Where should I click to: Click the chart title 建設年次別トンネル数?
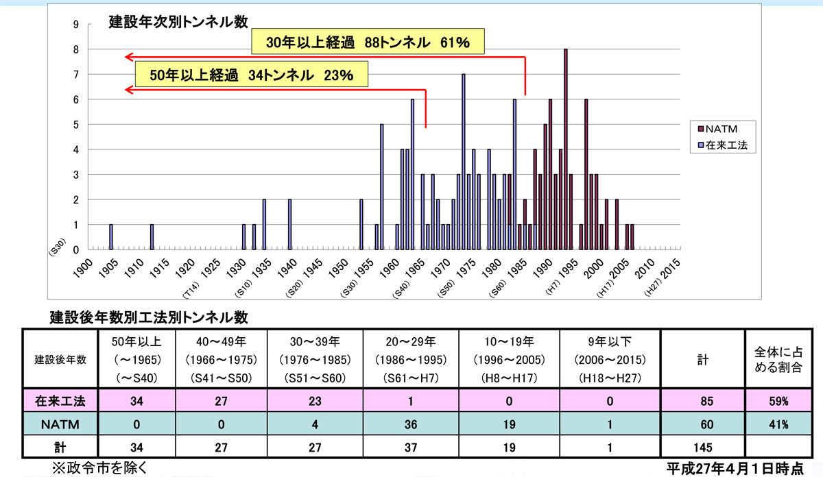178,21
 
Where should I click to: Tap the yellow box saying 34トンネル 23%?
251,75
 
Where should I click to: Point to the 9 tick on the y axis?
76,25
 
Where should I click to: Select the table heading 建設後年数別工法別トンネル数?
148,317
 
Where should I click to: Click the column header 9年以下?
609,340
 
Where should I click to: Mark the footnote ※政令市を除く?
100,468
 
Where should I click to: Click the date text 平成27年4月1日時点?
735,468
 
